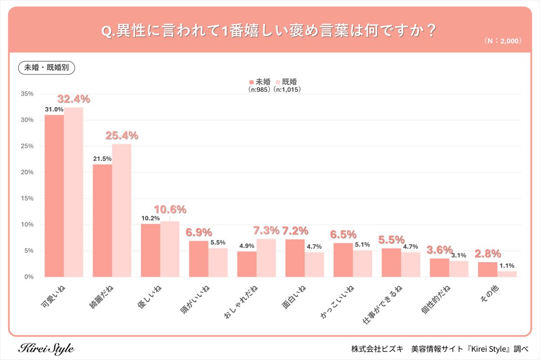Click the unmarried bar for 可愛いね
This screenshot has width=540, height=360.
pyautogui.click(x=54, y=196)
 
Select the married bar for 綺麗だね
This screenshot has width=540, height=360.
pyautogui.click(x=121, y=210)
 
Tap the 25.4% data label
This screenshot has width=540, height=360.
pyautogui.click(x=121, y=135)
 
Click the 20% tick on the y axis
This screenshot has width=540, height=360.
pyautogui.click(x=27, y=172)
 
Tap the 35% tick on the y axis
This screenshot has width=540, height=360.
pyautogui.click(x=27, y=94)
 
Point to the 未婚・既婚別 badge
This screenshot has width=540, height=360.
pyautogui.click(x=46, y=67)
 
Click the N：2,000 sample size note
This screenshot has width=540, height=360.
pyautogui.click(x=503, y=40)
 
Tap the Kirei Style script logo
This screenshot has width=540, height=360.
pyautogui.click(x=47, y=348)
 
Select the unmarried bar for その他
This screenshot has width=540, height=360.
pyautogui.click(x=487, y=269)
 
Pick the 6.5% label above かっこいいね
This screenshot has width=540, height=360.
pyautogui.click(x=343, y=234)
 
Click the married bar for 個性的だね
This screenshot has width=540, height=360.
pyautogui.click(x=459, y=269)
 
